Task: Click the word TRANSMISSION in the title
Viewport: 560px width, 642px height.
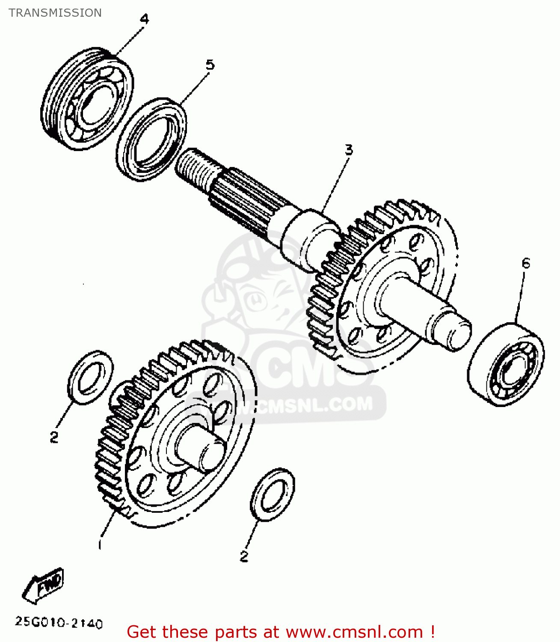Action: coord(55,13)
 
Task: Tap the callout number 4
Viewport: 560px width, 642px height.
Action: coord(144,19)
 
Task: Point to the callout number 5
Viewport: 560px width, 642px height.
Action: coord(210,65)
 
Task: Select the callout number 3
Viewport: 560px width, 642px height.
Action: coord(349,150)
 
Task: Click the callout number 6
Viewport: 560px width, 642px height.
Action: coord(526,263)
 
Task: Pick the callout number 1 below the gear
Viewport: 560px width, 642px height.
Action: coord(100,544)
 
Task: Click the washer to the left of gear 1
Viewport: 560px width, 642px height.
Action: coord(90,377)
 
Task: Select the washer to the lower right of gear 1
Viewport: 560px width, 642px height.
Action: coord(273,494)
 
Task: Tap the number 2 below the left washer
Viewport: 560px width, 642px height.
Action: coord(54,437)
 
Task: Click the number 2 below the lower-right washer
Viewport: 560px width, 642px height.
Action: coord(244,556)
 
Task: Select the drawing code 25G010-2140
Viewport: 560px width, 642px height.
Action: coord(59,623)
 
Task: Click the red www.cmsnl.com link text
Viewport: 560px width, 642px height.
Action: coord(354,632)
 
